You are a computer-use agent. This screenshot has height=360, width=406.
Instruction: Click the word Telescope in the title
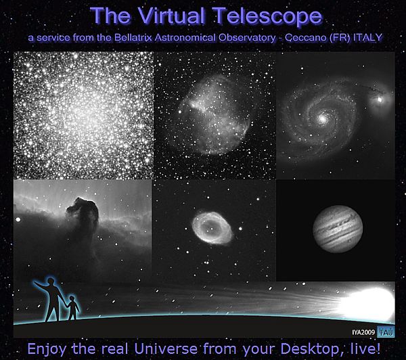click(x=269, y=16)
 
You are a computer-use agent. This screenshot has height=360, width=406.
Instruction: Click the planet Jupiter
click(x=338, y=229)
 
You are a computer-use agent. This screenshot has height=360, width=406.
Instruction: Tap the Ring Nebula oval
click(x=212, y=227)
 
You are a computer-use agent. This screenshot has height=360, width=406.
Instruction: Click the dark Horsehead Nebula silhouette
click(x=83, y=212)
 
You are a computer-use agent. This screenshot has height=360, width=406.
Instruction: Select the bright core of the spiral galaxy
click(x=322, y=118)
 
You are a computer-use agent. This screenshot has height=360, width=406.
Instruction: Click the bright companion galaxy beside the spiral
click(x=380, y=99)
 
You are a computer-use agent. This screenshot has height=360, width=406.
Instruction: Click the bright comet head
click(x=367, y=305)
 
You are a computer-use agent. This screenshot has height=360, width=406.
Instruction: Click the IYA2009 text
click(x=363, y=332)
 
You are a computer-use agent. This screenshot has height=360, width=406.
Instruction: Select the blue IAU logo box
click(x=386, y=332)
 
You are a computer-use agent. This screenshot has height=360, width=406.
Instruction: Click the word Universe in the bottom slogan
click(x=166, y=348)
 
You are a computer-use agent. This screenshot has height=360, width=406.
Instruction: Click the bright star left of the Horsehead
click(x=18, y=220)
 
